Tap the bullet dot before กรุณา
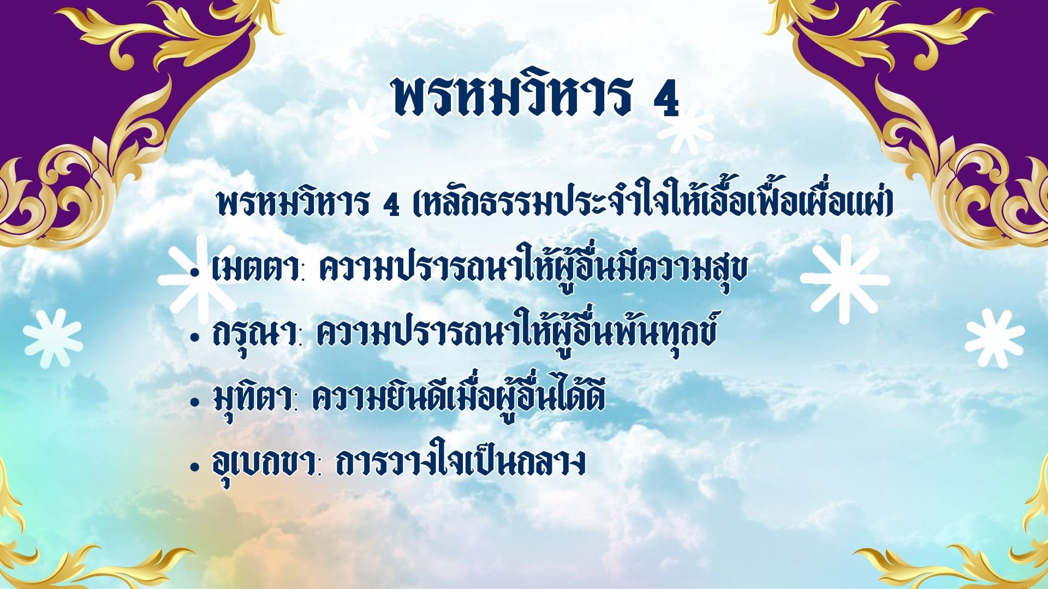[x=194, y=337]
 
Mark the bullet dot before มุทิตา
[x=194, y=402]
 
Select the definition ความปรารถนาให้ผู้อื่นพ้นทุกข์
[x=515, y=329]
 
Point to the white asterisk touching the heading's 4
[x=686, y=129]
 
